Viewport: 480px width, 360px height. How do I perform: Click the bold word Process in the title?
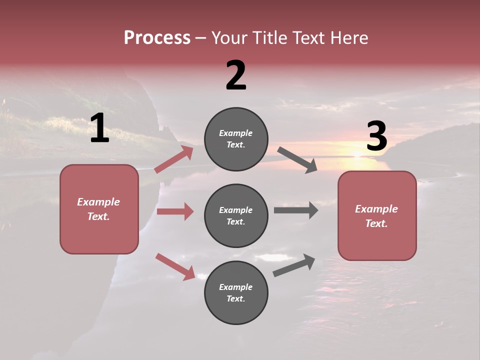(157, 38)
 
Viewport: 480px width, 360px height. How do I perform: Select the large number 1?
(99, 128)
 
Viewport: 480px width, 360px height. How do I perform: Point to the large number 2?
(236, 75)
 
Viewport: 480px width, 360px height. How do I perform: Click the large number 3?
(376, 136)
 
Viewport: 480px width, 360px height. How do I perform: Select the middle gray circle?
(236, 216)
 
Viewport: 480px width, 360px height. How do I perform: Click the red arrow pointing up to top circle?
(174, 159)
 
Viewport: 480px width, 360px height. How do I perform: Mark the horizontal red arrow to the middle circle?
(175, 211)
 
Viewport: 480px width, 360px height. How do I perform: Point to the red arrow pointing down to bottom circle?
(175, 266)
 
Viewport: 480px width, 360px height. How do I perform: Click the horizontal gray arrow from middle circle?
(295, 210)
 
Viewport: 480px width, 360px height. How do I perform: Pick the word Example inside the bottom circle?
(235, 287)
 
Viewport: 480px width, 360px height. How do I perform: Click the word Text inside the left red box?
(98, 216)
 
